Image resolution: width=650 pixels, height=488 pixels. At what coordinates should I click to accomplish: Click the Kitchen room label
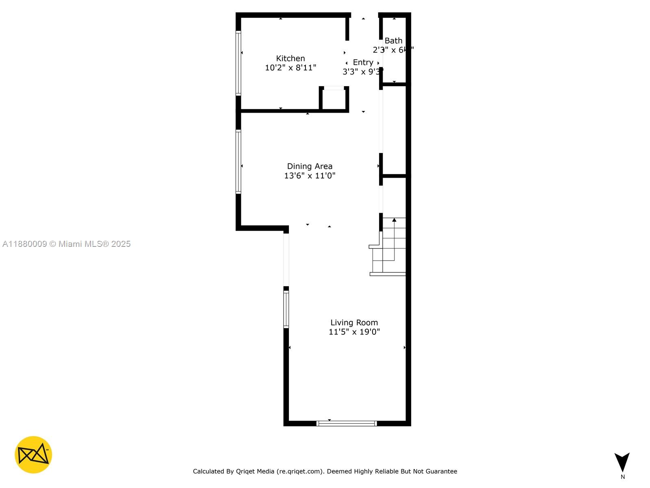pos(290,59)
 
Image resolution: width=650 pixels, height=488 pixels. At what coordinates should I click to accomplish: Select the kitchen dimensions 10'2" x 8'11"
pos(290,68)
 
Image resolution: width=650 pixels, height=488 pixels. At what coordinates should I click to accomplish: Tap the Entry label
pos(363,62)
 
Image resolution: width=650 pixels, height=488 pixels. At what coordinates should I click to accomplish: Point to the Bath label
pos(393,41)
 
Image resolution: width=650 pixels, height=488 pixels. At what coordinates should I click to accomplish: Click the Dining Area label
pos(310,166)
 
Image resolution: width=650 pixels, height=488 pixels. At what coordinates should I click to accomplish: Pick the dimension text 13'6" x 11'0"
pos(310,176)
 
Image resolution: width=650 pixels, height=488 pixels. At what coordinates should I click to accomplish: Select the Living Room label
pos(354,322)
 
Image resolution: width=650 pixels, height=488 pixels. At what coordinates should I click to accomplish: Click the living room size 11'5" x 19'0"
pos(354,332)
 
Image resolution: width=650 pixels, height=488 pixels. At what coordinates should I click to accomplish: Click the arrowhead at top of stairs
pos(394,220)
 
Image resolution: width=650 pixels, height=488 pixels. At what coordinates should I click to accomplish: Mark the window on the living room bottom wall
pos(347,423)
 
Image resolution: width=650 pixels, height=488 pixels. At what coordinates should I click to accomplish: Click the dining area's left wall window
pos(238,161)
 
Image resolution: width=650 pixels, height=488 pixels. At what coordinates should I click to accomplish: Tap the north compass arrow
pos(622,462)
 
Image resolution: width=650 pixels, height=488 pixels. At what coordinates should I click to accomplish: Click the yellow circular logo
pos(33,455)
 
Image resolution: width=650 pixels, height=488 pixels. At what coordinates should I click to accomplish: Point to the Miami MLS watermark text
pos(66,244)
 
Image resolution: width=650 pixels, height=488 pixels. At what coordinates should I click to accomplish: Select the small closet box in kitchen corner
pos(334,99)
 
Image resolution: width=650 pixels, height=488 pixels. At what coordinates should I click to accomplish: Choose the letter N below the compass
pos(623,477)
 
